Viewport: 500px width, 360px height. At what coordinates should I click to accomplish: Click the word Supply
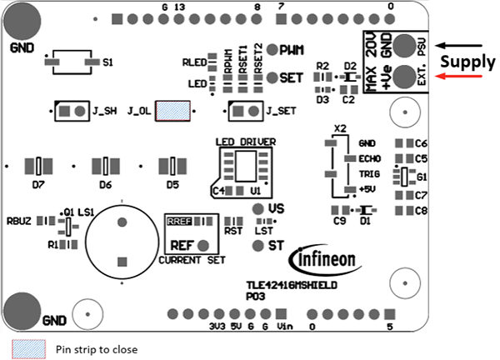tap(467, 62)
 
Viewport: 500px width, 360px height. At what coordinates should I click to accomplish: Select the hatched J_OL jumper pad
tap(174, 110)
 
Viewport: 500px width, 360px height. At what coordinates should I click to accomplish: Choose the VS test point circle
tap(257, 208)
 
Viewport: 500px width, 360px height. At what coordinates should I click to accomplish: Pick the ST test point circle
tap(257, 245)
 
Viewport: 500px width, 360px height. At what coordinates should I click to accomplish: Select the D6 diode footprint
tap(106, 166)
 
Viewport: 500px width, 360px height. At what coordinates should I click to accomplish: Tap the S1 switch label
tap(106, 62)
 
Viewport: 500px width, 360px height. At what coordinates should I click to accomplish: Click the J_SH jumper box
tap(71, 110)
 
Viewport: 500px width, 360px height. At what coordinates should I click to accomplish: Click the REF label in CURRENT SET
tap(182, 246)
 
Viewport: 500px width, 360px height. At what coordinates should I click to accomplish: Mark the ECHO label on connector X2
tap(369, 157)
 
